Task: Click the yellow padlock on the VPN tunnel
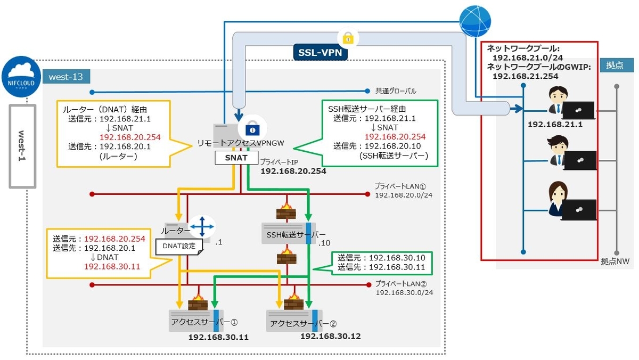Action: (x=348, y=38)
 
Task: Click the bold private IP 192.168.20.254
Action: (x=293, y=171)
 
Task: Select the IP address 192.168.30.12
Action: (x=331, y=336)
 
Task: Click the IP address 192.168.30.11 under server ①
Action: (x=218, y=337)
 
